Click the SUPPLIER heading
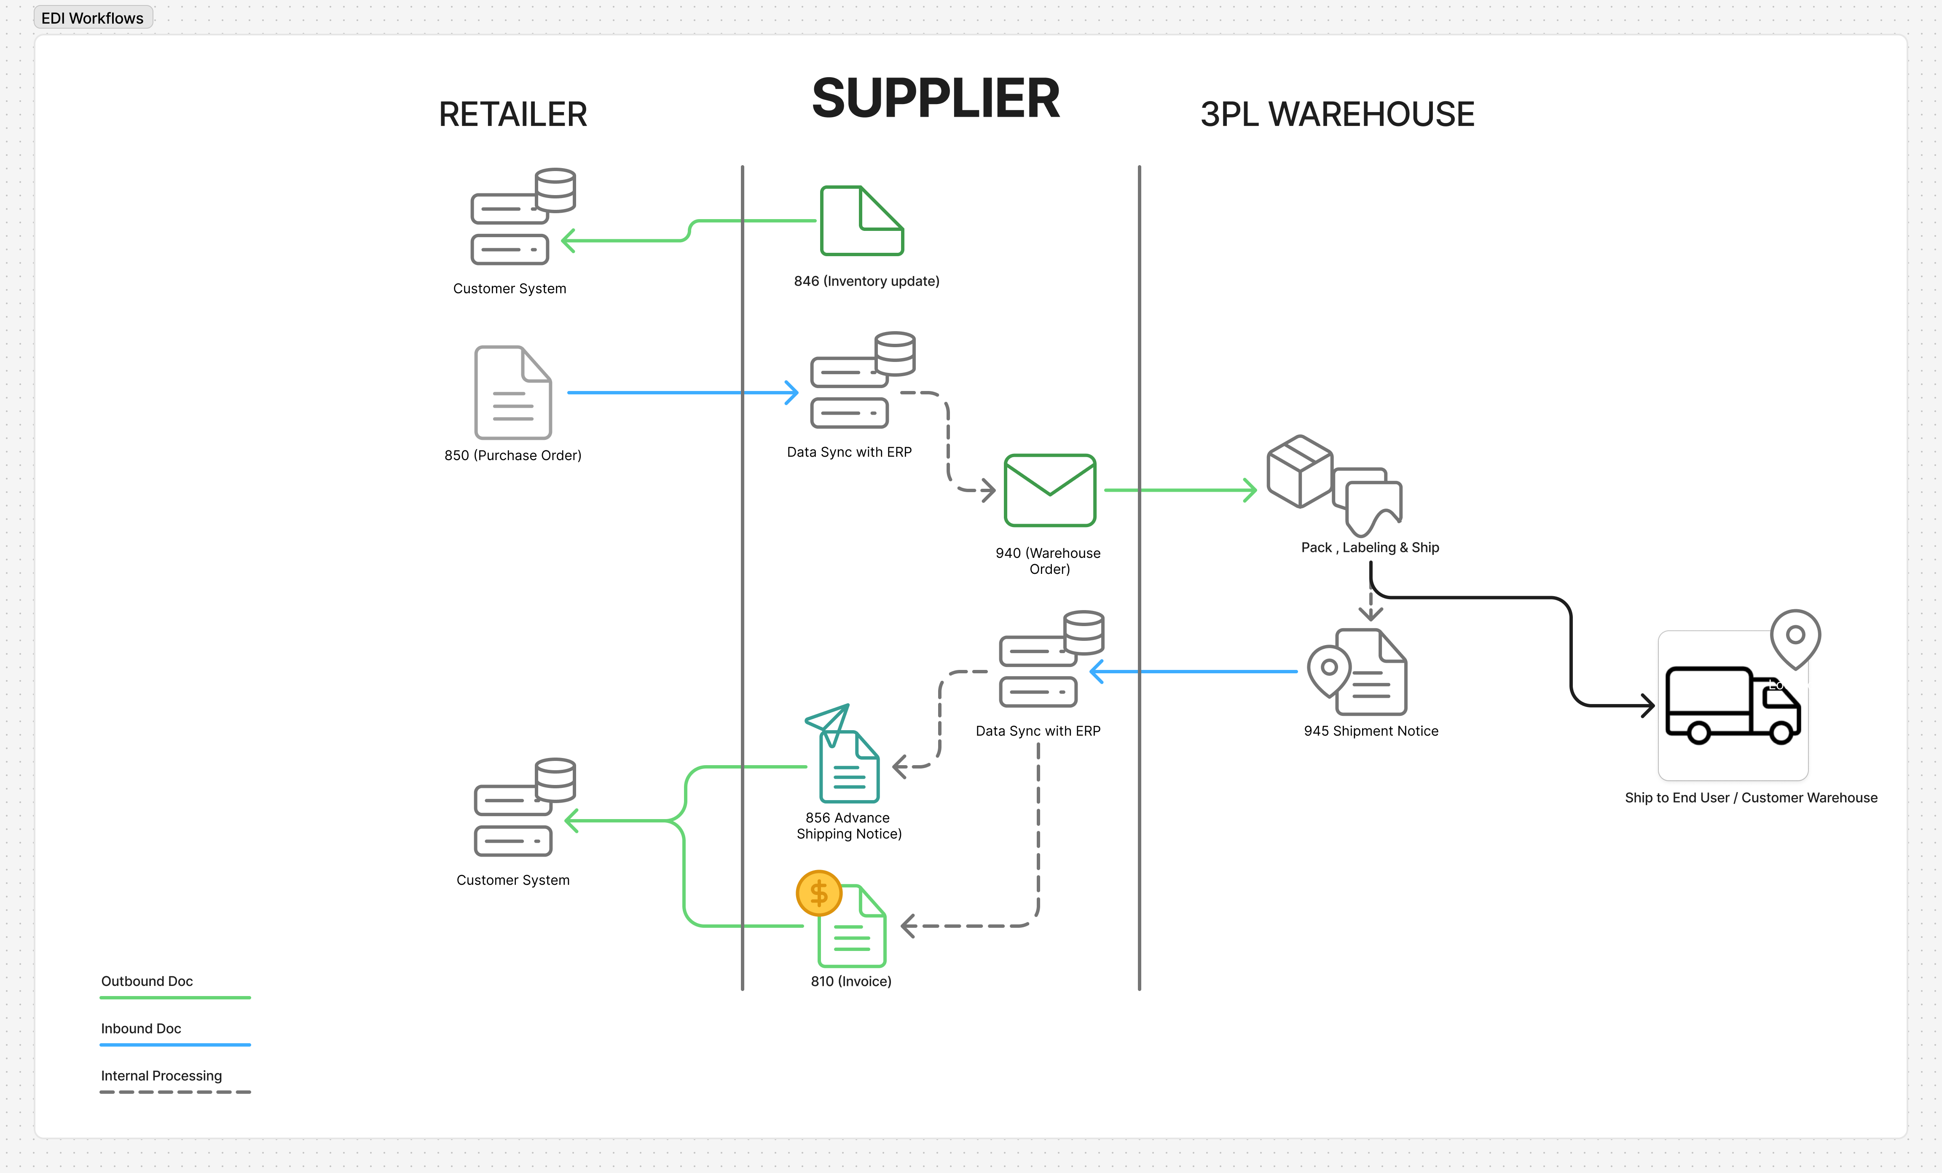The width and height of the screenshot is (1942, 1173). (936, 99)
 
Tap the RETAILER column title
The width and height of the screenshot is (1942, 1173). (512, 115)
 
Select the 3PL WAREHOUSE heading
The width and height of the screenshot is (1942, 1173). (1337, 115)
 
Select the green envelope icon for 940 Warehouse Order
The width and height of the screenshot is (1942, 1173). (1050, 490)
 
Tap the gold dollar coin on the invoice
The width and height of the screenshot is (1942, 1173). (819, 893)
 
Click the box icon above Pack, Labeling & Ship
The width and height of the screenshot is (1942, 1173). (1299, 471)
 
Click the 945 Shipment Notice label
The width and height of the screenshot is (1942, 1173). (1371, 731)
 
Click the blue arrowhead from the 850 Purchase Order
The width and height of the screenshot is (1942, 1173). (792, 392)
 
